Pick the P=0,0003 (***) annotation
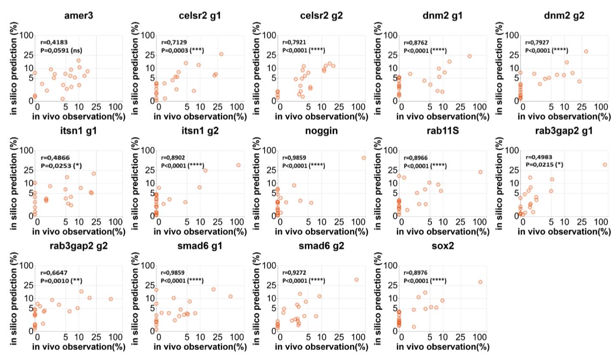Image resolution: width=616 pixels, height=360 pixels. click(x=182, y=51)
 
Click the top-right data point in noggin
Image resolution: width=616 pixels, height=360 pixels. click(x=363, y=158)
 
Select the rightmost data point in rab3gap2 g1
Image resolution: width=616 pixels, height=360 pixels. click(x=605, y=165)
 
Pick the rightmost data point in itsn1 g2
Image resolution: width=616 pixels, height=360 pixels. click(x=238, y=165)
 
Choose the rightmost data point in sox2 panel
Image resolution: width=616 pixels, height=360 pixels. click(x=480, y=282)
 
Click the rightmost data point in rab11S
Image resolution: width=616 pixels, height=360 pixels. click(x=480, y=172)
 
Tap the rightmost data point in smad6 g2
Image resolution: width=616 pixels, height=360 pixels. click(x=356, y=279)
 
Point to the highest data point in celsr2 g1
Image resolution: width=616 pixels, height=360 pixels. click(x=221, y=54)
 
